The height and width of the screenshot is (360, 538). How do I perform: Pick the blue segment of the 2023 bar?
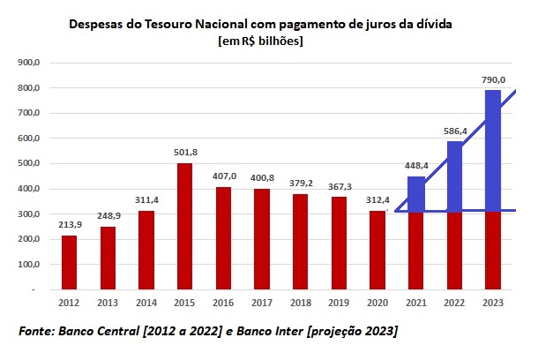pos(492,150)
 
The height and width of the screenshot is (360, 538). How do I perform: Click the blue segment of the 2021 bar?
pos(415,194)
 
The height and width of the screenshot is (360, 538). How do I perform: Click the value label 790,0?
pos(492,79)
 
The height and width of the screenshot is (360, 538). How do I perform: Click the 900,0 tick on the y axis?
pos(30,63)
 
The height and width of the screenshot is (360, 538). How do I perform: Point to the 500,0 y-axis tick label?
pos(30,163)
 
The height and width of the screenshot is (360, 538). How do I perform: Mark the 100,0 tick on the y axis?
pos(30,264)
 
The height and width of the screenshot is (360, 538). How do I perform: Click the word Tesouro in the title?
pos(163,24)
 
